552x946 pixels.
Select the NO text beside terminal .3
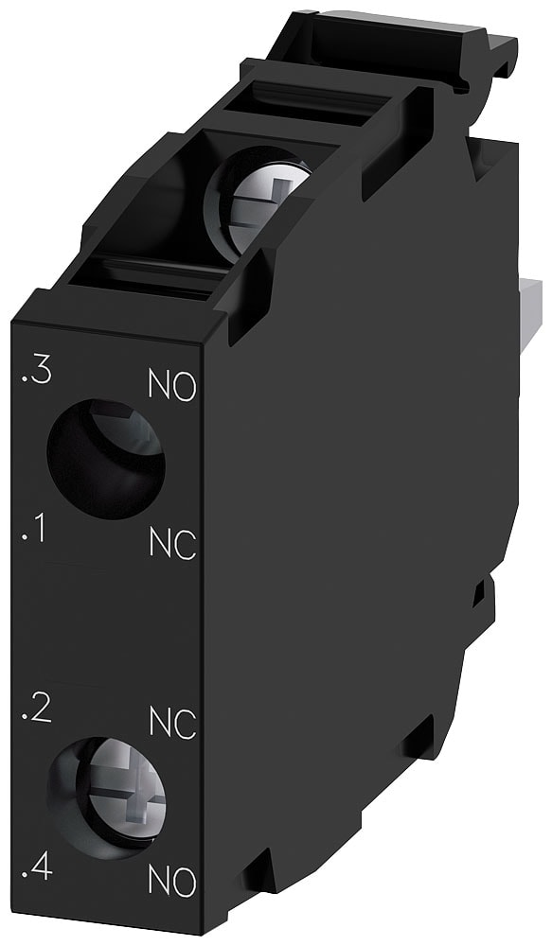(x=172, y=386)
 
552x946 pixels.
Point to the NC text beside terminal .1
(x=172, y=544)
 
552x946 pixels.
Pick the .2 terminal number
(x=35, y=709)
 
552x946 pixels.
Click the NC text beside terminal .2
(x=172, y=724)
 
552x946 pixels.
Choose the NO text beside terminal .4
(x=172, y=882)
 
